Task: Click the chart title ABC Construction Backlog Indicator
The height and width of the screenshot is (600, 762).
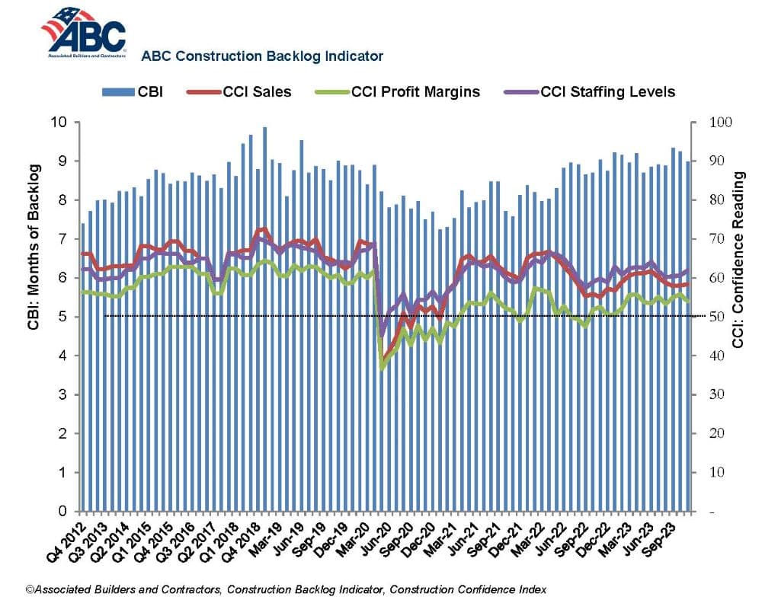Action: pyautogui.click(x=262, y=56)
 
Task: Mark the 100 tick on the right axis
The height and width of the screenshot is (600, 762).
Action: pyautogui.click(x=720, y=122)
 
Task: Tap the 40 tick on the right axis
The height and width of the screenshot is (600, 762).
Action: pyautogui.click(x=717, y=356)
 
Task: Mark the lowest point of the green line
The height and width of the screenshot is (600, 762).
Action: pyautogui.click(x=382, y=369)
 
